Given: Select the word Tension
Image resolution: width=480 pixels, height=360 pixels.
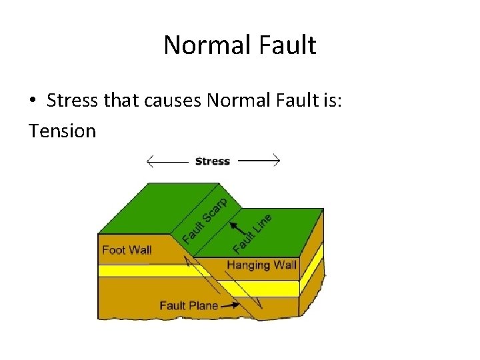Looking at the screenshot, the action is point(63,131).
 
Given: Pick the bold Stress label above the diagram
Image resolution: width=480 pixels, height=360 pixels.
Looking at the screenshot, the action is point(212,161).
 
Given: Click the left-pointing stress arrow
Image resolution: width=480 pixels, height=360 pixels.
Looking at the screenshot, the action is point(167,161).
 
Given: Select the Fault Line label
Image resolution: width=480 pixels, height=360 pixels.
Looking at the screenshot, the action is point(253,233).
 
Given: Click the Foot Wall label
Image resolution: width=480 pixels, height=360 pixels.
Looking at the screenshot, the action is point(127,250).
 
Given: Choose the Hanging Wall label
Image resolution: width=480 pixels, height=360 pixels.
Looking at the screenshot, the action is point(261,265).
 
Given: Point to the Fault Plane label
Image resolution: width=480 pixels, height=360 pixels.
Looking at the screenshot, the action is point(189,305).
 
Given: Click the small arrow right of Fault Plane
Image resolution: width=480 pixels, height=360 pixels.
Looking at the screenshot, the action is point(229,305).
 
